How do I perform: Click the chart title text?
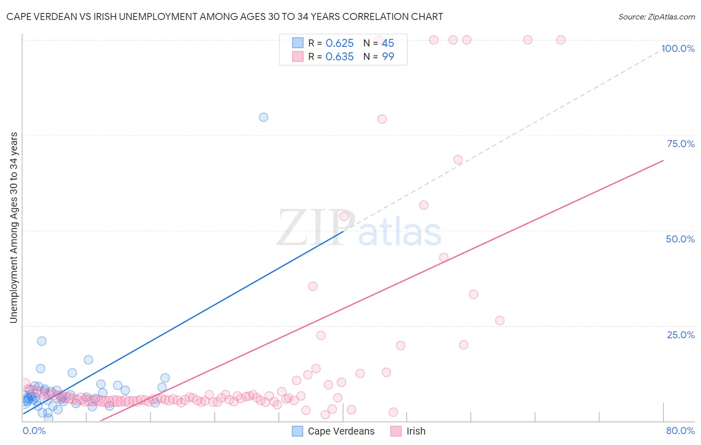(x=224, y=17)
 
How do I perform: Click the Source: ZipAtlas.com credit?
(x=656, y=17)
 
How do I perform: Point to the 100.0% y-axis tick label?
(x=678, y=48)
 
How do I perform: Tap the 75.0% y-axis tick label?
(x=681, y=144)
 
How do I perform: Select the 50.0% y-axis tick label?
(x=680, y=239)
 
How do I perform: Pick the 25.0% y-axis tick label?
(x=681, y=334)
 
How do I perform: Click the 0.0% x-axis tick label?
(x=34, y=431)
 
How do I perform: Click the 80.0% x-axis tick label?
(x=680, y=431)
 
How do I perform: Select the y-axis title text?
(x=13, y=227)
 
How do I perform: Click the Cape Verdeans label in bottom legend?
(x=341, y=431)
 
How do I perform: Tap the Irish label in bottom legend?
(x=416, y=431)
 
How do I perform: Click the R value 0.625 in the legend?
(x=340, y=43)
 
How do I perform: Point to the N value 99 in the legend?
(x=388, y=57)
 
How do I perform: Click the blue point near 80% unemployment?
(x=264, y=117)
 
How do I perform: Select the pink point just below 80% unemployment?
(x=382, y=119)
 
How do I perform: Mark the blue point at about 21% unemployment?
(x=42, y=341)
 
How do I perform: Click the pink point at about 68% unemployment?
(x=458, y=160)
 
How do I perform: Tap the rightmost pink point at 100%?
(x=561, y=40)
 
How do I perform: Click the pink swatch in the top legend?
(x=298, y=56)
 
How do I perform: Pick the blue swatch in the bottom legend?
(x=297, y=431)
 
